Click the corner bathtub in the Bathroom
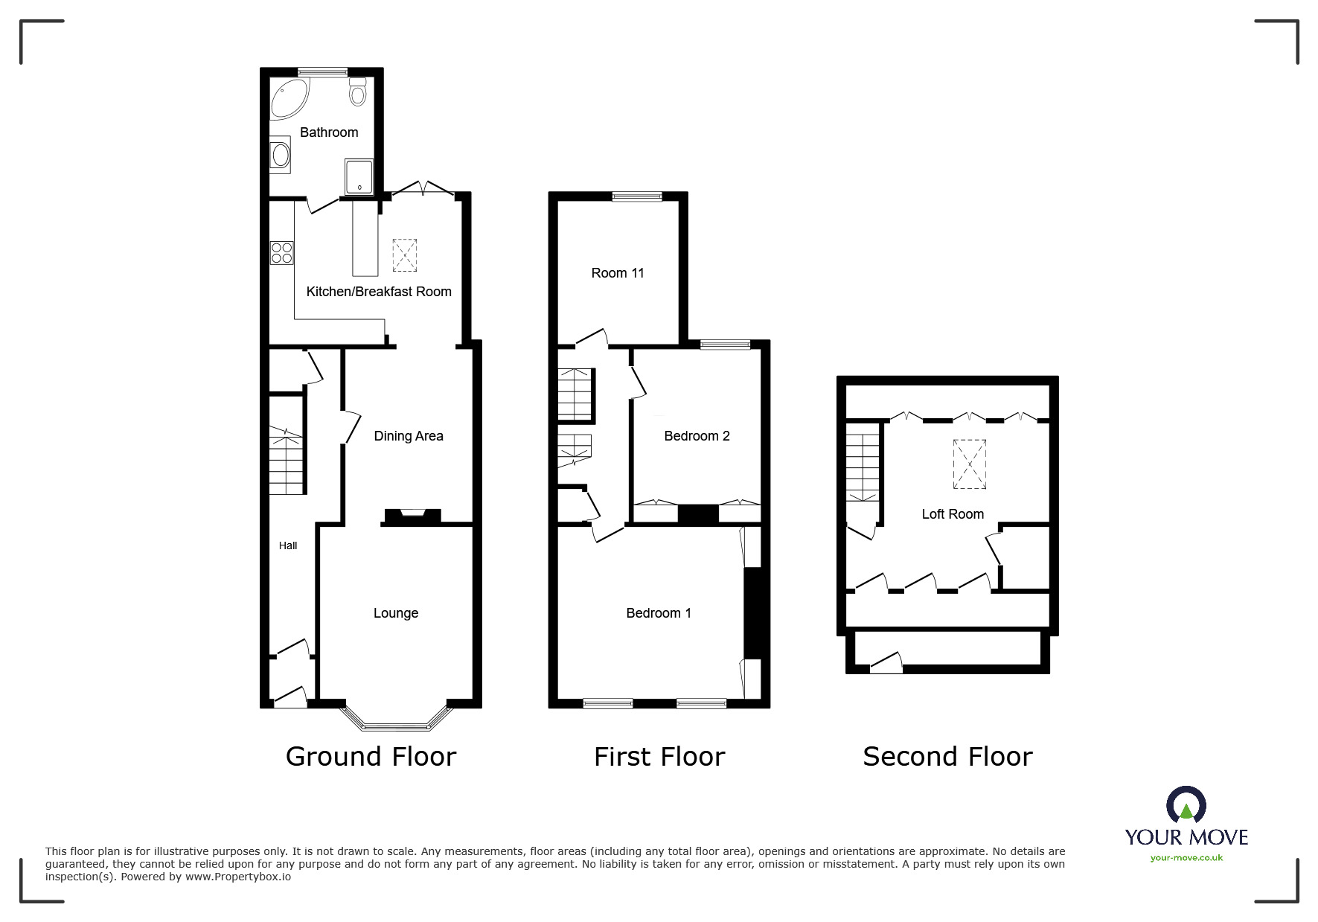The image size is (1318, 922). click(289, 100)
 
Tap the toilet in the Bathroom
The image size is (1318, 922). click(358, 92)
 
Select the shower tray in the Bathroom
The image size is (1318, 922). click(359, 176)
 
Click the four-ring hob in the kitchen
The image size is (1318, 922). click(281, 252)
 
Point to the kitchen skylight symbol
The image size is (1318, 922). click(404, 254)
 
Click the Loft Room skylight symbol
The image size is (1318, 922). click(970, 464)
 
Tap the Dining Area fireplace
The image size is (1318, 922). click(412, 514)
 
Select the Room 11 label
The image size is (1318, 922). click(617, 273)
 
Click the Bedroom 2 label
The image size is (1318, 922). click(697, 436)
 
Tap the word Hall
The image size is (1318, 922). click(288, 545)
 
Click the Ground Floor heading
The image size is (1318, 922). click(371, 757)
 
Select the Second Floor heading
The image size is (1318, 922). click(947, 757)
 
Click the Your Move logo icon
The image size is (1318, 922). click(1186, 806)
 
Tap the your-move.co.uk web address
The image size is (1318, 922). click(1186, 858)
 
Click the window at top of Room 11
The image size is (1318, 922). click(637, 197)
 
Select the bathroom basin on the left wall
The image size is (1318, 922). click(281, 155)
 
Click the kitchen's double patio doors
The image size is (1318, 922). click(422, 191)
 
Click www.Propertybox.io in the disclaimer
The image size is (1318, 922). click(238, 877)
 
